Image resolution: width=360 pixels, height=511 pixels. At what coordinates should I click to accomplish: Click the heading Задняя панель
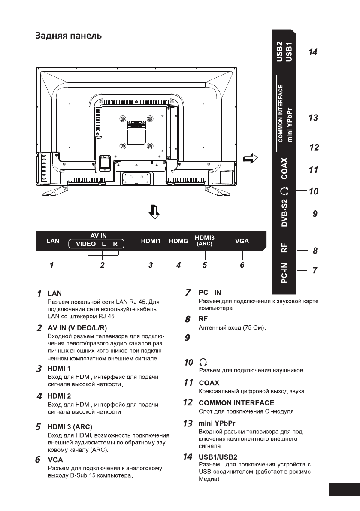69,36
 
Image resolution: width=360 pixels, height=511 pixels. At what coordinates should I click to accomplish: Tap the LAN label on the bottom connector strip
52,241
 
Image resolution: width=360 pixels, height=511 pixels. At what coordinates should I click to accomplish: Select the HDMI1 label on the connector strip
151,241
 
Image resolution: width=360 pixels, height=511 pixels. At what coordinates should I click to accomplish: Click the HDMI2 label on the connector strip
179,241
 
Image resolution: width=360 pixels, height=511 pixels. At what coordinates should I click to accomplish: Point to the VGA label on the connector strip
242,241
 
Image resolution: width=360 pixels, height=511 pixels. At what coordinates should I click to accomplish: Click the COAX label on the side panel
284,169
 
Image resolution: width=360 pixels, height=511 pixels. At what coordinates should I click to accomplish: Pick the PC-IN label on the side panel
284,274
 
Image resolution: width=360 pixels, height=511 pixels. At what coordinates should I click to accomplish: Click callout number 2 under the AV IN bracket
103,265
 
